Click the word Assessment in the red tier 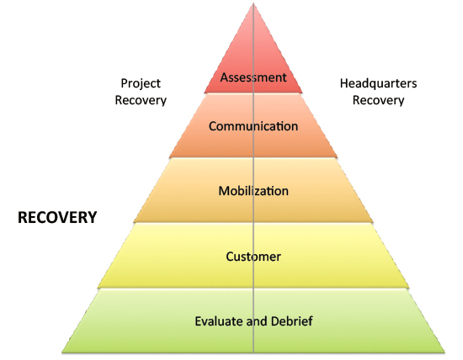click(x=253, y=77)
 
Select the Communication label click(x=253, y=126)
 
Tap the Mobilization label click(x=253, y=191)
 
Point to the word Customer click(x=253, y=257)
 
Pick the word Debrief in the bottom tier click(x=292, y=321)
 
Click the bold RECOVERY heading click(x=57, y=218)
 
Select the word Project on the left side click(x=141, y=84)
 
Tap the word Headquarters click(x=378, y=83)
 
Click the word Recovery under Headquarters click(x=378, y=101)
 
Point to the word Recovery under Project click(x=141, y=101)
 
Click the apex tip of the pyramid click(x=253, y=3)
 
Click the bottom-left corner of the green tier click(x=61, y=352)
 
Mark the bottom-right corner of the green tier click(x=445, y=352)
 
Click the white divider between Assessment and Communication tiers click(x=253, y=93)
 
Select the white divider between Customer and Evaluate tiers click(x=253, y=289)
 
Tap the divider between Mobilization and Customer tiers click(x=253, y=223)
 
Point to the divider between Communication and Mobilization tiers click(x=253, y=158)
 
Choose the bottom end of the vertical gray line click(x=253, y=352)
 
